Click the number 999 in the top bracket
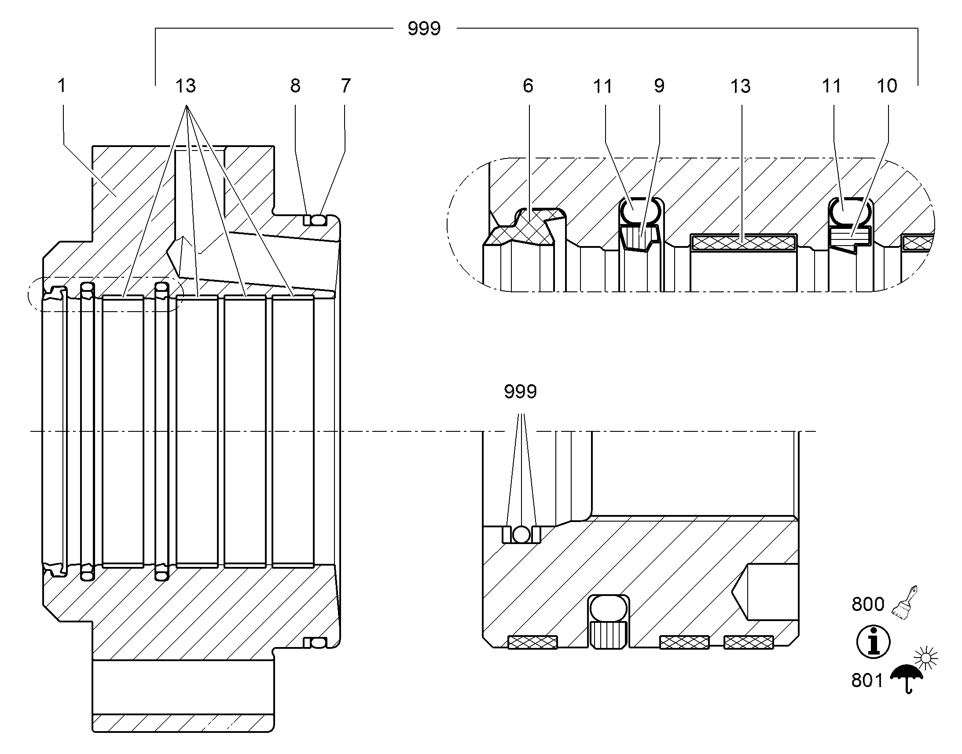(x=424, y=29)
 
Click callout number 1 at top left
(x=62, y=86)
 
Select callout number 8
(x=295, y=86)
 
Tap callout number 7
(x=345, y=86)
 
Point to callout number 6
(x=528, y=86)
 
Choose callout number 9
(x=659, y=86)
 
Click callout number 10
(x=887, y=86)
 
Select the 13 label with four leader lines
(x=186, y=86)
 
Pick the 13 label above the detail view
(x=741, y=86)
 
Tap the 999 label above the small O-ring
(x=521, y=392)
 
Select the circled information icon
(x=873, y=642)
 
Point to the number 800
(x=868, y=604)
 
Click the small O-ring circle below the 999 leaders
(x=521, y=535)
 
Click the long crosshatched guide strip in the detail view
(x=743, y=242)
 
